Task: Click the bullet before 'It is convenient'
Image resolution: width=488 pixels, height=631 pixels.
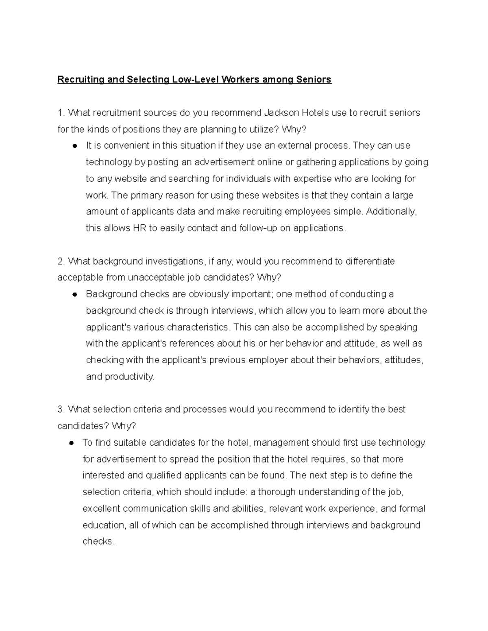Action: [x=75, y=146]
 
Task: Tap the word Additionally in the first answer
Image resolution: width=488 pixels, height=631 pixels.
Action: [x=391, y=212]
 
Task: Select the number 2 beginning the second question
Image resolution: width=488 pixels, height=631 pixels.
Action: [x=60, y=261]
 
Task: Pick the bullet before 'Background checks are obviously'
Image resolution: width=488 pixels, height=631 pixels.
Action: [x=75, y=294]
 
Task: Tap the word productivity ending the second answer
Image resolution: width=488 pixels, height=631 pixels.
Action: [x=129, y=377]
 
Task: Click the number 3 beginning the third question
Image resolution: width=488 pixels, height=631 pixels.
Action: [x=60, y=410]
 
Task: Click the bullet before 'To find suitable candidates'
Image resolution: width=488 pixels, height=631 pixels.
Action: [x=72, y=443]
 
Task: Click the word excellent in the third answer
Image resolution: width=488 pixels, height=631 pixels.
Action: [x=101, y=509]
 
